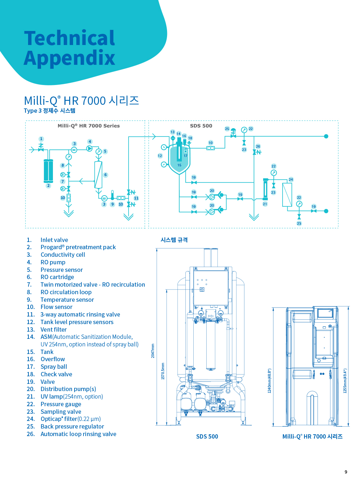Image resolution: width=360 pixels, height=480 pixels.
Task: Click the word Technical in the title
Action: (69, 38)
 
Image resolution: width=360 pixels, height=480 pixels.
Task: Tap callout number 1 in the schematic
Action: (41, 139)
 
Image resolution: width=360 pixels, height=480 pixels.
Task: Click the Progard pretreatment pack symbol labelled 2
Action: (48, 171)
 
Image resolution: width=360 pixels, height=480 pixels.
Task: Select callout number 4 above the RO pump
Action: (90, 142)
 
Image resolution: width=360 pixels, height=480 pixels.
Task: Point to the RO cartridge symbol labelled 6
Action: (98, 175)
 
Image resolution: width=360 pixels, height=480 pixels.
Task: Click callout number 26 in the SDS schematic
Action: (258, 147)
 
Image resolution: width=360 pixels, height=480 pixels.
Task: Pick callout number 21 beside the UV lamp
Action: (265, 204)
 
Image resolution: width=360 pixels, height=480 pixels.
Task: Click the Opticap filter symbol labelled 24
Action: (287, 194)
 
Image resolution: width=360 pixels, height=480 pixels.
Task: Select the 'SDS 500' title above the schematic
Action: (201, 126)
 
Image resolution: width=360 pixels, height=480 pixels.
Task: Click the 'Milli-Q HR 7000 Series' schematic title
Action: (89, 126)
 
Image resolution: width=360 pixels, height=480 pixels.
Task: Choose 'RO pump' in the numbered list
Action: (53, 262)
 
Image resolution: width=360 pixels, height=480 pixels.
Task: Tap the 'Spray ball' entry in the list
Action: (54, 367)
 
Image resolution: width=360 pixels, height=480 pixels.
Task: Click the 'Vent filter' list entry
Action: (54, 329)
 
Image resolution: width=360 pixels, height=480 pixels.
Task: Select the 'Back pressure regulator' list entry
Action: (72, 426)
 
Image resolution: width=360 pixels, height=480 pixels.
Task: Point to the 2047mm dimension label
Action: (153, 350)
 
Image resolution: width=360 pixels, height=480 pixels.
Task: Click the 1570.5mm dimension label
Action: (163, 371)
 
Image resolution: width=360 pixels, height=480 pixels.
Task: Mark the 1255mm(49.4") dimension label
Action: (345, 381)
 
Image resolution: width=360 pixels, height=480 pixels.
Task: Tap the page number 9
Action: (346, 472)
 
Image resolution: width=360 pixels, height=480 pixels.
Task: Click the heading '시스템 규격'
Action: (174, 240)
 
